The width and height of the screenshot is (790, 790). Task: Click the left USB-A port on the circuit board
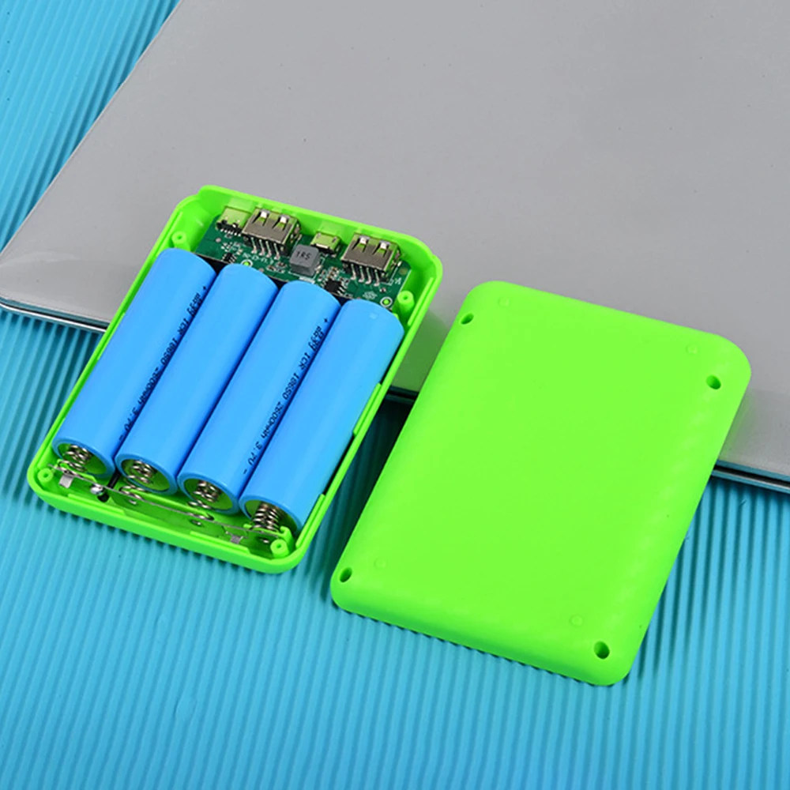click(x=270, y=229)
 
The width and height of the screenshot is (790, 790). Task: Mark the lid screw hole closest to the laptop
click(x=713, y=382)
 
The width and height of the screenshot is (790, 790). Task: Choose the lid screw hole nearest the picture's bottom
click(x=601, y=649)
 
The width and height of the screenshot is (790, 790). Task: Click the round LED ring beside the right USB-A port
click(x=386, y=302)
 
